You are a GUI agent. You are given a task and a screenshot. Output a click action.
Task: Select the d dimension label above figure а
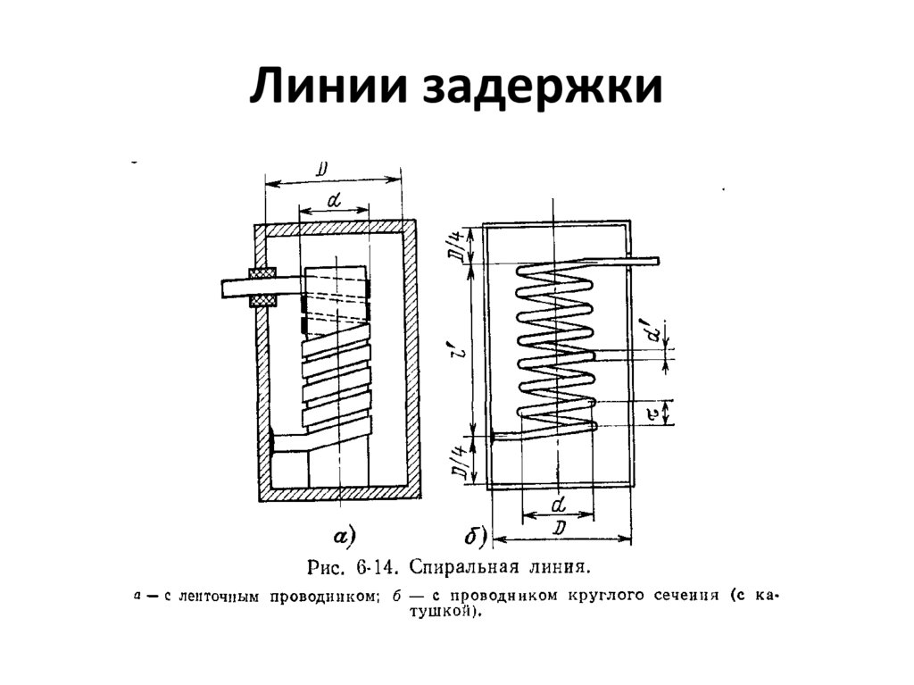click(x=333, y=202)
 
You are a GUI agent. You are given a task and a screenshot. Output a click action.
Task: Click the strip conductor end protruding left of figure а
click(x=234, y=288)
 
